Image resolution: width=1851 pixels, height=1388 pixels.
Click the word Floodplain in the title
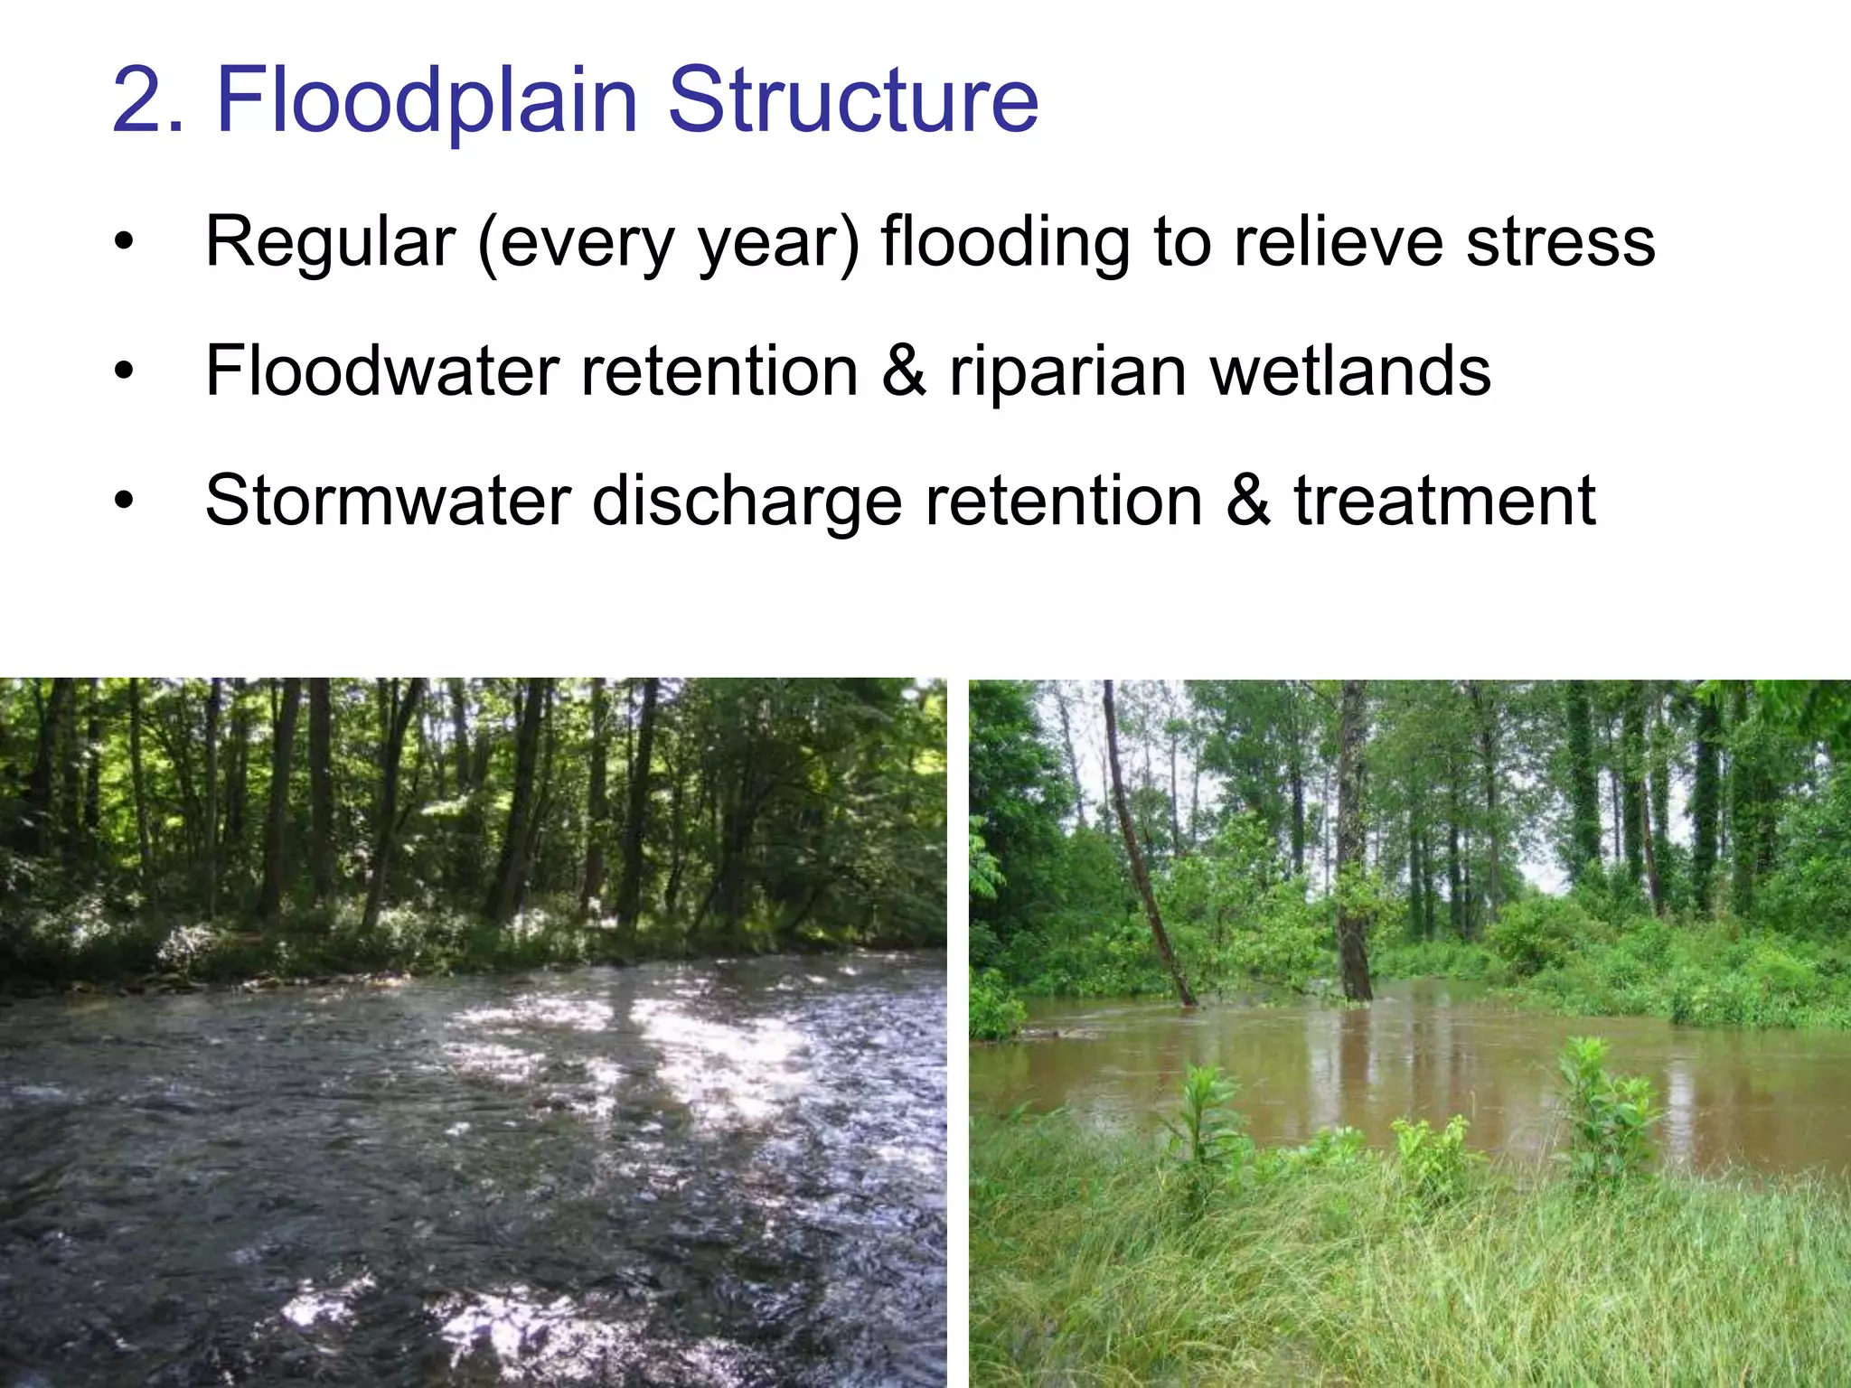point(427,101)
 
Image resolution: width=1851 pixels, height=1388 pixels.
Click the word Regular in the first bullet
point(330,242)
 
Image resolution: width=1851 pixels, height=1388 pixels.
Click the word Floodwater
point(381,370)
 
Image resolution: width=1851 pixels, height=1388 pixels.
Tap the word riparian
point(1066,372)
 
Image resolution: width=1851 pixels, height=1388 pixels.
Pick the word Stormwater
point(388,501)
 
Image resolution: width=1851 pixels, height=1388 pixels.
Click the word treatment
point(1444,501)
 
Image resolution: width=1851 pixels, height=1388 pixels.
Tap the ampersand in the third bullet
point(1248,501)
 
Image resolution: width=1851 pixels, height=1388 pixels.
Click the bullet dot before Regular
point(124,242)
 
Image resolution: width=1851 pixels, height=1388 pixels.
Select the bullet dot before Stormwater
point(124,501)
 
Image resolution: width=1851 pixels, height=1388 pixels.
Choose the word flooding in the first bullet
point(1004,242)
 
